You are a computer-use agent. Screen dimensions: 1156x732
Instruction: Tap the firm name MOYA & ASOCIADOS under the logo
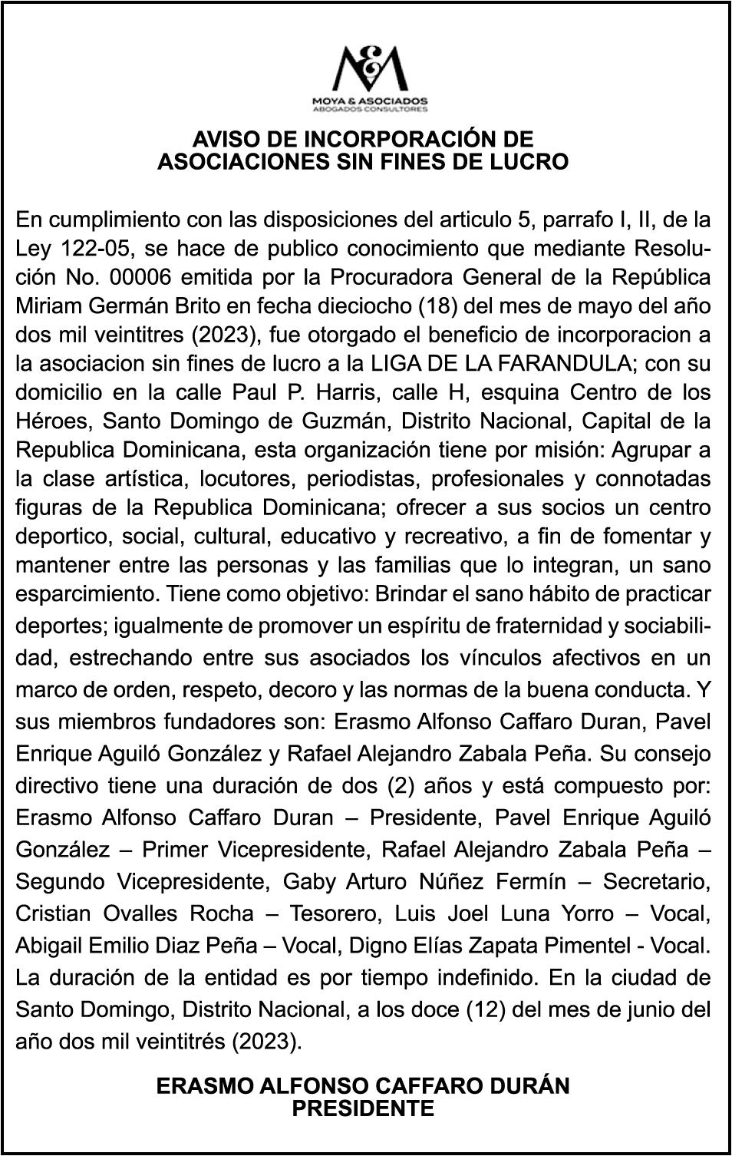point(369,101)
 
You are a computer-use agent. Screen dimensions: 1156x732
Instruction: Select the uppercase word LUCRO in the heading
point(531,162)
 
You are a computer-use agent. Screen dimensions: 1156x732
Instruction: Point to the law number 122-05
point(84,249)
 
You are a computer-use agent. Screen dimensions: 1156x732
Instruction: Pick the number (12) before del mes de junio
point(486,1009)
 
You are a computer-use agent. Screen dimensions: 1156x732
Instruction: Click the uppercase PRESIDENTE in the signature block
point(363,1108)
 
